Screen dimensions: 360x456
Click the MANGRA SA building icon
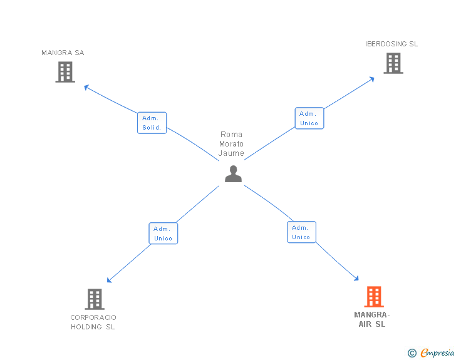[x=65, y=72]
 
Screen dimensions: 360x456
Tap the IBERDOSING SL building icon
[x=393, y=63]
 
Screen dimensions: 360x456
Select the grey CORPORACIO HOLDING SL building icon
[x=94, y=299]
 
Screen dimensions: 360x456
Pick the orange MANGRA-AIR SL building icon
[x=373, y=297]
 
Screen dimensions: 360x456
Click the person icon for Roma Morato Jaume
[x=233, y=174]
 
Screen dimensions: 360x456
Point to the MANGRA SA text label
[x=63, y=53]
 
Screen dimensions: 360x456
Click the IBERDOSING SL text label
[x=391, y=44]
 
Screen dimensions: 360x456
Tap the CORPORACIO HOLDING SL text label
[x=93, y=322]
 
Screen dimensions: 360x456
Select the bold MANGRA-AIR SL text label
[x=372, y=319]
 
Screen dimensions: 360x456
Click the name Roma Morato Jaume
[x=231, y=144]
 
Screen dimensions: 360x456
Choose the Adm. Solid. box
[x=152, y=123]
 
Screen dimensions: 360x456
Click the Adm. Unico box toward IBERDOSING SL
[x=309, y=118]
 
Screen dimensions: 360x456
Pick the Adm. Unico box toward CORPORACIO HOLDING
[x=163, y=234]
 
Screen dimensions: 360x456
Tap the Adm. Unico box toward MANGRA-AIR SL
[x=301, y=232]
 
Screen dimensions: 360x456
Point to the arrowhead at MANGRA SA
[x=87, y=87]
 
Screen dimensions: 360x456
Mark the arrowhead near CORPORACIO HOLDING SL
[x=110, y=280]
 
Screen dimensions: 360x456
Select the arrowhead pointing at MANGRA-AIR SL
[x=356, y=279]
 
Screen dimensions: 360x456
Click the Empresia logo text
[x=437, y=353]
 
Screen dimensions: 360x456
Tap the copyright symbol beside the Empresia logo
[x=412, y=353]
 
